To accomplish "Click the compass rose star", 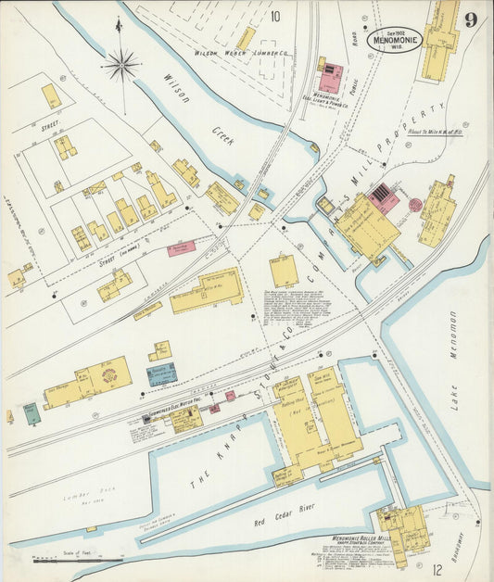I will (120, 65).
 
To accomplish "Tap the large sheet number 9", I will (472, 19).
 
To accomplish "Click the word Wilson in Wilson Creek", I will (178, 90).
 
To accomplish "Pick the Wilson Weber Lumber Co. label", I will (241, 54).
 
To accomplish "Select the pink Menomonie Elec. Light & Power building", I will (331, 78).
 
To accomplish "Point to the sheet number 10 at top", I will (275, 16).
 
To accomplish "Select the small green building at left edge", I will (32, 413).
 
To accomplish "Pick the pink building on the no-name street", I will (181, 247).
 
